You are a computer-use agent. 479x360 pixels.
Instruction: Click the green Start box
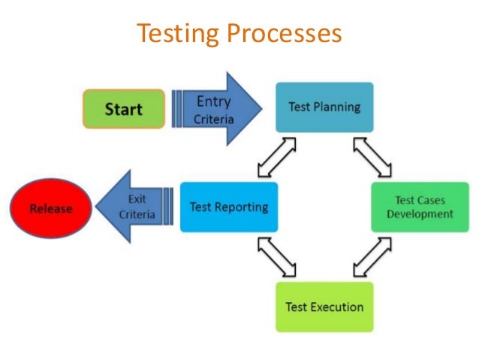124,109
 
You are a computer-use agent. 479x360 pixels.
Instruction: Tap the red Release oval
50,208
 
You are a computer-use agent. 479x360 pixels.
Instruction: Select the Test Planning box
324,107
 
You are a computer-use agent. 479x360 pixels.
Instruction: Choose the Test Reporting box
228,207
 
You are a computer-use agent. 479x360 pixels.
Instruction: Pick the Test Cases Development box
424,207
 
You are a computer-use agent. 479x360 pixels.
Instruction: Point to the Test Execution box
324,307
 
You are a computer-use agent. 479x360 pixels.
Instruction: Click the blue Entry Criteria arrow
218,109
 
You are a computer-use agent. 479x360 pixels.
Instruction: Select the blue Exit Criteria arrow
140,207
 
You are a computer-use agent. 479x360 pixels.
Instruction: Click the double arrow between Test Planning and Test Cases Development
373,157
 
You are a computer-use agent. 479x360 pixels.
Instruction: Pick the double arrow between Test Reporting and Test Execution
276,257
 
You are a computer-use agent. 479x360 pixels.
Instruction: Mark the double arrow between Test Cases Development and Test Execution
373,257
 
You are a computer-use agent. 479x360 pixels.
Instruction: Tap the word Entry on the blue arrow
214,101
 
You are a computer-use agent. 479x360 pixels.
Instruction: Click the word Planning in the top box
337,107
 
